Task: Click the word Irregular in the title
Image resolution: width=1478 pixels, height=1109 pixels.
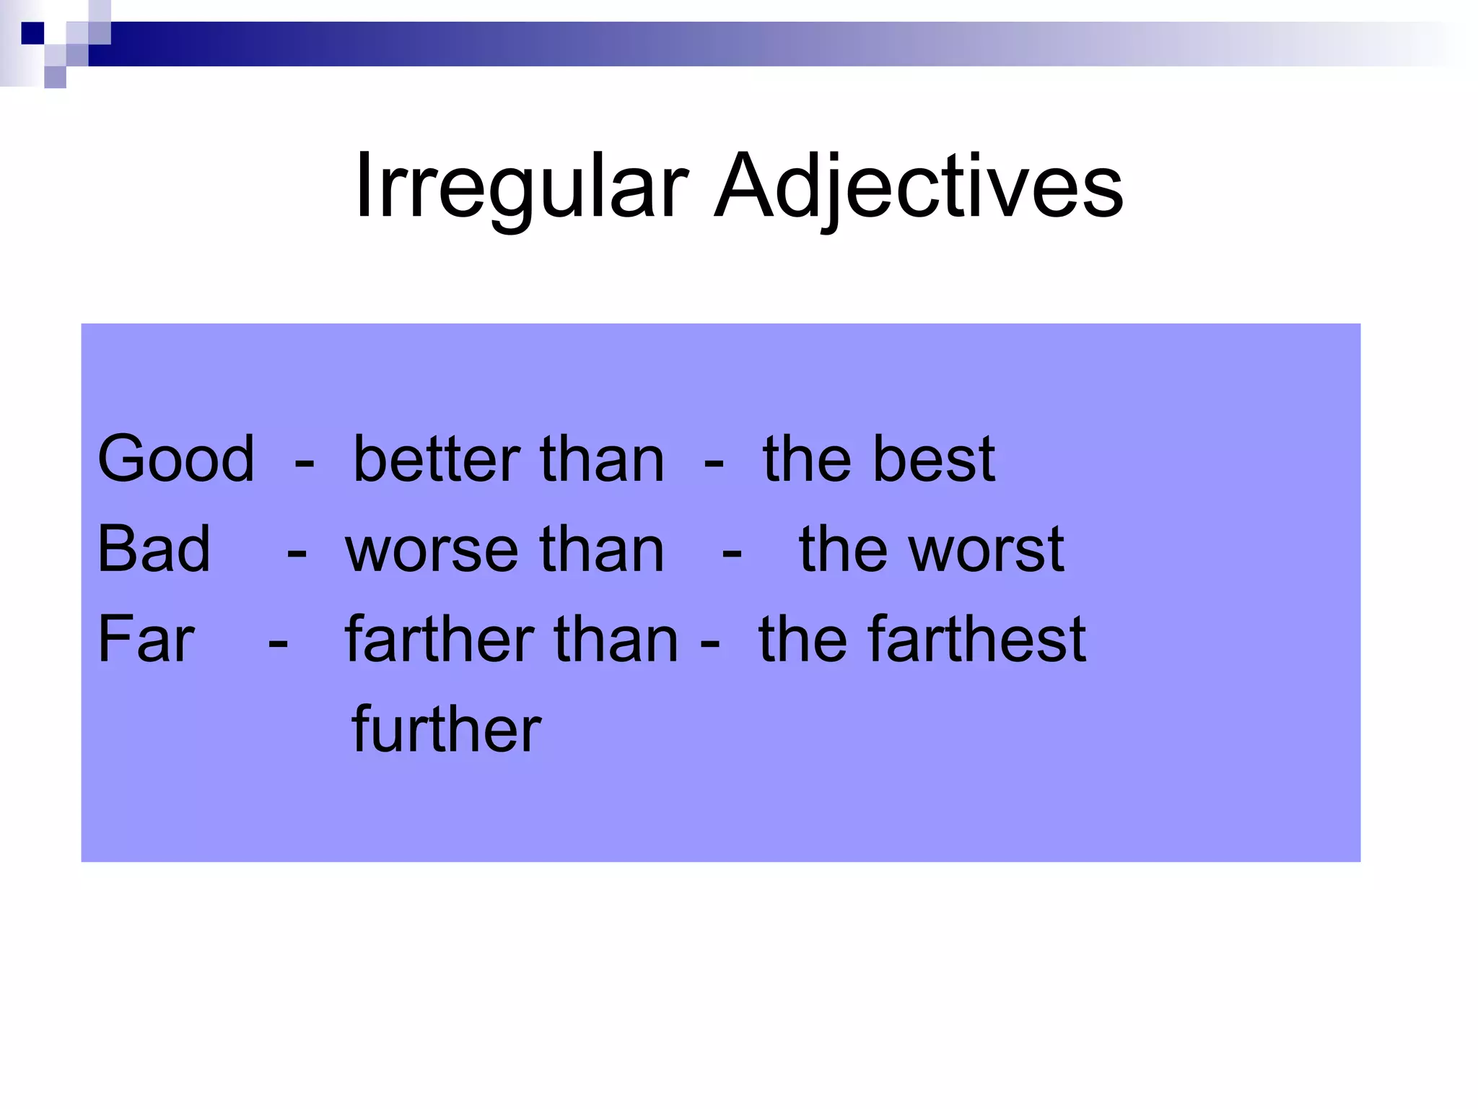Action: (x=521, y=186)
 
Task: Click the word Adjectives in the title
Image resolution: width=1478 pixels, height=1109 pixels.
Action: (x=918, y=186)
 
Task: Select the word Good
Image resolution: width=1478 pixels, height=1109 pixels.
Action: (x=176, y=459)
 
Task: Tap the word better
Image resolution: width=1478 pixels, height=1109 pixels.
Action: (x=437, y=459)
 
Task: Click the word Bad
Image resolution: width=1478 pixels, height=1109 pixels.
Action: (x=154, y=549)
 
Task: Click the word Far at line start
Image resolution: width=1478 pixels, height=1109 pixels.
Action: (x=146, y=639)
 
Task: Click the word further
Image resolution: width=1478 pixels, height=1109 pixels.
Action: (x=446, y=729)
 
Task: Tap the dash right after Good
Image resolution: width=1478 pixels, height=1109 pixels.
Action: (x=304, y=463)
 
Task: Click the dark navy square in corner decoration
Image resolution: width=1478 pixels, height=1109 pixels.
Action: (x=32, y=33)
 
